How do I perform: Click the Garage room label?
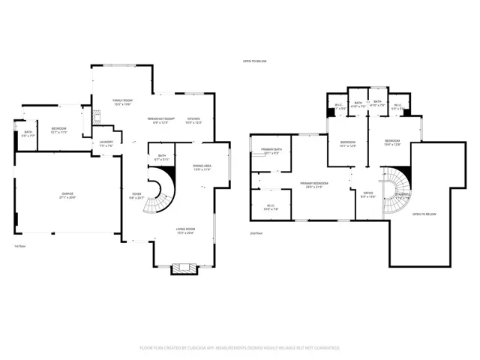tap(67, 194)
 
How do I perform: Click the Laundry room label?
tap(106, 144)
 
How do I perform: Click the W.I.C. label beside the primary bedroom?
tap(271, 207)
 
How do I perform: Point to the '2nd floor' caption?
tap(256, 233)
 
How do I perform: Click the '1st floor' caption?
tap(20, 246)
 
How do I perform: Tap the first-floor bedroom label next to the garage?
tap(58, 130)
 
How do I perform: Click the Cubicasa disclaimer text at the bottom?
tap(240, 348)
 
